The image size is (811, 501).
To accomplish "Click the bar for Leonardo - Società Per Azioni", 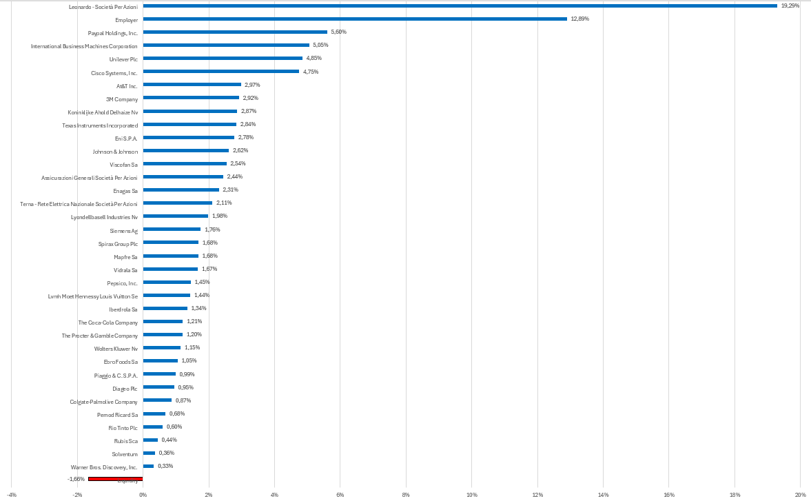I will pos(460,6).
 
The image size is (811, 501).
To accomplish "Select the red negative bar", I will pos(115,478).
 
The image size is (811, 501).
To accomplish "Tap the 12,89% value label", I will pos(579,19).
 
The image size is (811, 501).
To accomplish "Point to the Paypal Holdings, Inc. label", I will pos(113,32).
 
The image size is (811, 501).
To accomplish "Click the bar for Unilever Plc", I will pos(223,59).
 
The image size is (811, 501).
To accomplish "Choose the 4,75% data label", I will pos(311,72).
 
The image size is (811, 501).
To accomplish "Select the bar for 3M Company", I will pos(191,98).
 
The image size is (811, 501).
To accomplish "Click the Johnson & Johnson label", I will pos(115,151).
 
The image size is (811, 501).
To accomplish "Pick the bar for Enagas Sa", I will pos(181,190).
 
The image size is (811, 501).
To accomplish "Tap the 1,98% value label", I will pos(219,216).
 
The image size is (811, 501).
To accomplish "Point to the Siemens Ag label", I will pos(124,230).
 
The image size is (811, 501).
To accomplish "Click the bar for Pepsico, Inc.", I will pos(167,282).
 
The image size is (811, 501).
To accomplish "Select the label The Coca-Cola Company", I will pos(108,322).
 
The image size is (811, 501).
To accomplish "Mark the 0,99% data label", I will pos(187,374).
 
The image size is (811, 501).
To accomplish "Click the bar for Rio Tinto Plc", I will pos(152,427).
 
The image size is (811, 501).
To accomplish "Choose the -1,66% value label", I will pos(76,479).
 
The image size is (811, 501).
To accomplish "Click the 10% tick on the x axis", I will pos(472,495).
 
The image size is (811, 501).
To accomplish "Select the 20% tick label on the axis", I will pos(800,495).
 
